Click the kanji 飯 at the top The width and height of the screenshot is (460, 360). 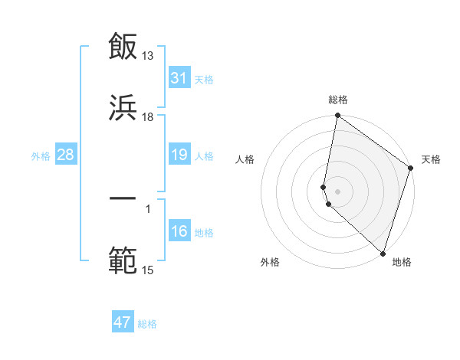pyautogui.click(x=123, y=47)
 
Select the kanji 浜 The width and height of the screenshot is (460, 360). pyautogui.click(x=123, y=108)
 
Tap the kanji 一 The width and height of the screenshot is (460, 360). pyautogui.click(x=123, y=199)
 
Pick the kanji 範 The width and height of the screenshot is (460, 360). pyautogui.click(x=123, y=261)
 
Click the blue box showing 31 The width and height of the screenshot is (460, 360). pyautogui.click(x=179, y=78)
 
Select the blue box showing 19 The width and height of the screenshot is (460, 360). pyautogui.click(x=179, y=155)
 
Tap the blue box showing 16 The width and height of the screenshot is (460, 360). pyautogui.click(x=179, y=231)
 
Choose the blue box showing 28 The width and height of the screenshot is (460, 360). pyautogui.click(x=66, y=155)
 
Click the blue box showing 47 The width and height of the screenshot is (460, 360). pyautogui.click(x=123, y=322)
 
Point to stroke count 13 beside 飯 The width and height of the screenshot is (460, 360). pyautogui.click(x=148, y=56)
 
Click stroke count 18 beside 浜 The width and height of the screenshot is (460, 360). pyautogui.click(x=148, y=117)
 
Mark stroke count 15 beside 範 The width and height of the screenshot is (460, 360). pyautogui.click(x=148, y=270)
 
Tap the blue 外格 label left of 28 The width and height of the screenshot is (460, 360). pyautogui.click(x=41, y=155)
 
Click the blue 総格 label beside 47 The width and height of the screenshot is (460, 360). pyautogui.click(x=147, y=323)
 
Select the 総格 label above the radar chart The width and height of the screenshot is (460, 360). pyautogui.click(x=338, y=100)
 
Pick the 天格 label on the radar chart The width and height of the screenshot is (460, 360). pyautogui.click(x=431, y=159)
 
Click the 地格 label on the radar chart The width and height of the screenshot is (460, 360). pyautogui.click(x=402, y=263)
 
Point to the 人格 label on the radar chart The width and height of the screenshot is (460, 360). pyautogui.click(x=245, y=159)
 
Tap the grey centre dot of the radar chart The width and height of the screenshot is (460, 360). pyautogui.click(x=337, y=191)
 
